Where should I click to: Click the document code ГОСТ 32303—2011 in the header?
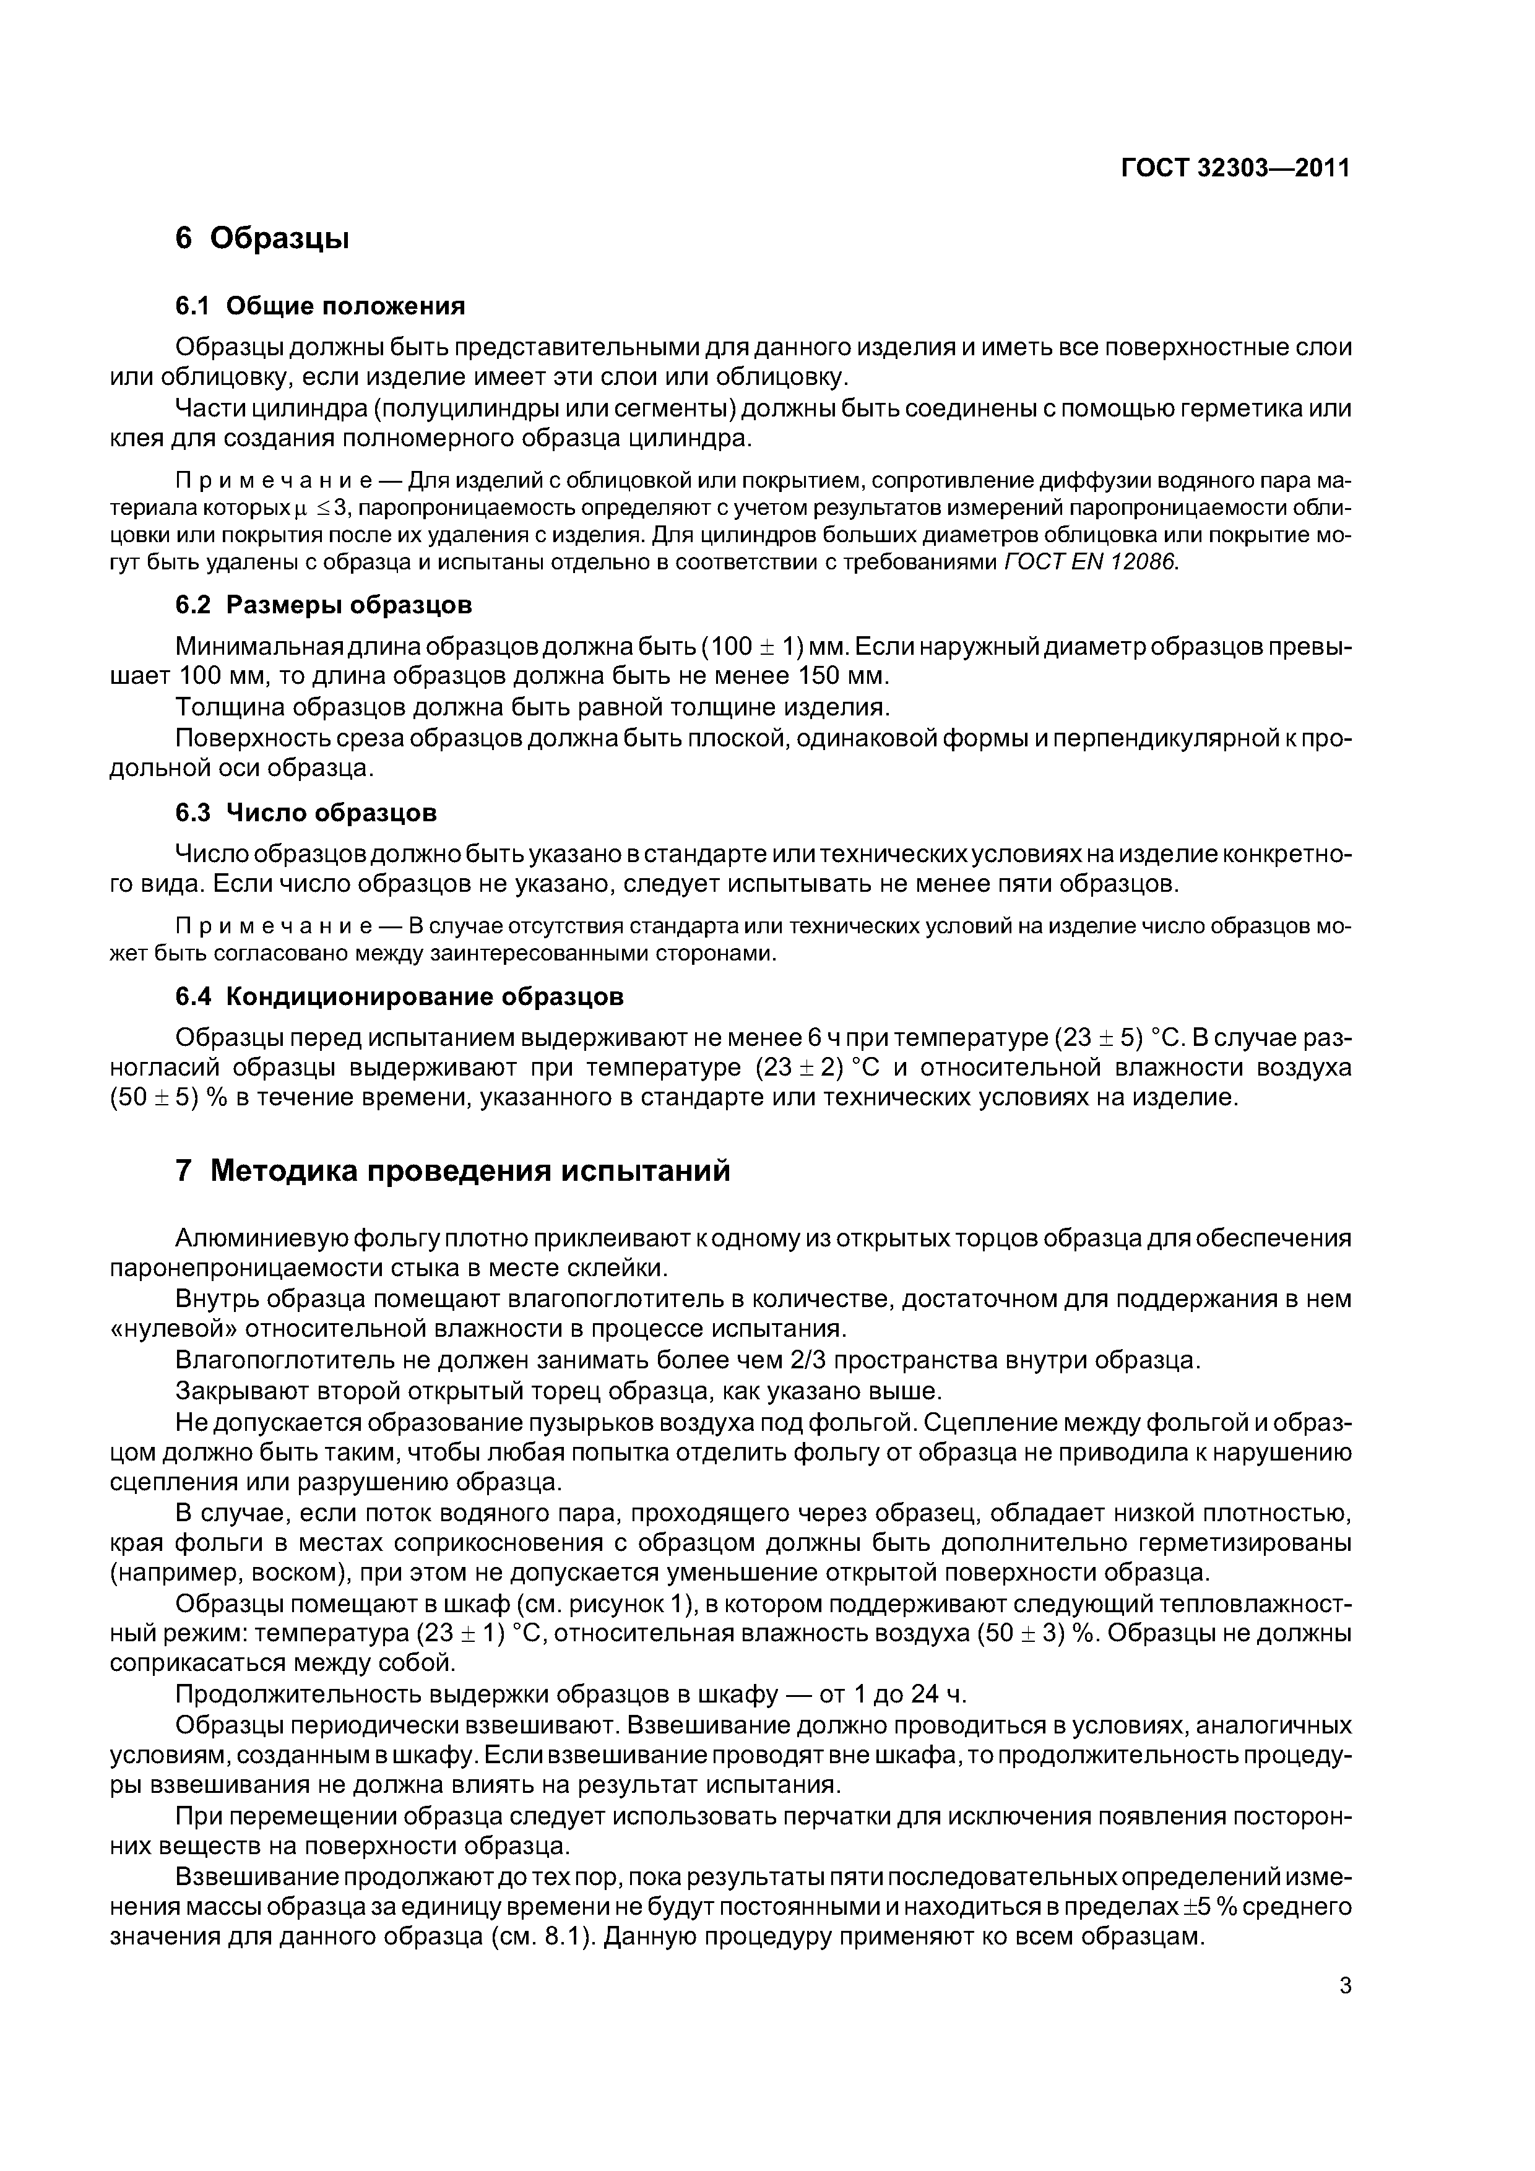[x=1235, y=168]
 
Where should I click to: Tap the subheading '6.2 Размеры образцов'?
[x=324, y=603]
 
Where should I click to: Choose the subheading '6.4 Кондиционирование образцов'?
[x=400, y=996]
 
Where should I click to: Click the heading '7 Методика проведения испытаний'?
[x=453, y=1171]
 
